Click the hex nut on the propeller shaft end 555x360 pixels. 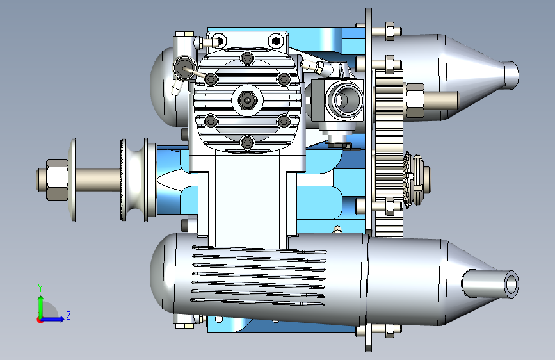(x=57, y=179)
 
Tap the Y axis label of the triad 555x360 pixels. (x=40, y=288)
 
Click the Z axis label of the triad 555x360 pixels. (x=68, y=315)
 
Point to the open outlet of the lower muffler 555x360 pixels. (x=511, y=284)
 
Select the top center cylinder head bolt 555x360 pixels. (x=247, y=58)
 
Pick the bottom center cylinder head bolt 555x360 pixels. (x=247, y=143)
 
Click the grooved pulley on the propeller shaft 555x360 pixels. (x=134, y=179)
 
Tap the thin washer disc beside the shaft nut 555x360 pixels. (x=73, y=179)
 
